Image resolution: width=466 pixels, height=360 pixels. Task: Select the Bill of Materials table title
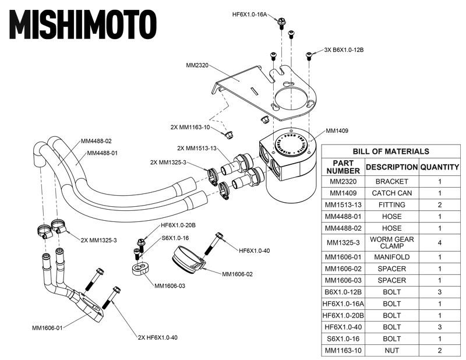[391, 151]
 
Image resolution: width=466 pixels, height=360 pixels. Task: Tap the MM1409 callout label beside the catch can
[337, 131]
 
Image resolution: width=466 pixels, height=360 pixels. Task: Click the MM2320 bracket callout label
[197, 65]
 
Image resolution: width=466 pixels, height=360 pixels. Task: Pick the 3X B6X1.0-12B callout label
[344, 50]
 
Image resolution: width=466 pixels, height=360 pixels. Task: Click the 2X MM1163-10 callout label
[190, 126]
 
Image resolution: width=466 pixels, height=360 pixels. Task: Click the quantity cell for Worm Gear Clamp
[440, 242]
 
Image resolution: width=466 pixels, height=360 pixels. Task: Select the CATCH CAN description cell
[391, 193]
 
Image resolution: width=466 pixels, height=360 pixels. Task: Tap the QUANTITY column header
[440, 167]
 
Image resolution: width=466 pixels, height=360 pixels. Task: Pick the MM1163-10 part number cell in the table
[344, 350]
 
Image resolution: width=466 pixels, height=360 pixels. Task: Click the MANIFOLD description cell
[391, 257]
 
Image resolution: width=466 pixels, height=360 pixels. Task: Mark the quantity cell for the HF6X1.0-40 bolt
[440, 326]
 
